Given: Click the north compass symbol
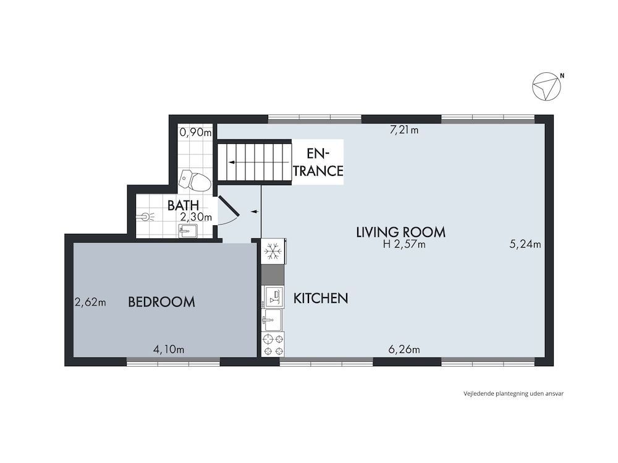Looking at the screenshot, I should tap(546, 87).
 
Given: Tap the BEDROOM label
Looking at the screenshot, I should tap(161, 302).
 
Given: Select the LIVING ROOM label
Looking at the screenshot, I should tap(400, 232).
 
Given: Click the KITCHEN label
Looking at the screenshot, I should tap(320, 298).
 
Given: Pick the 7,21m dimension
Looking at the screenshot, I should tap(404, 130).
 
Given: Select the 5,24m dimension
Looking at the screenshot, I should tap(525, 244).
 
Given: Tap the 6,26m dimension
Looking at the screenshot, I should tap(404, 349).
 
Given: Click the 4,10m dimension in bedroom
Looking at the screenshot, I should tap(169, 349).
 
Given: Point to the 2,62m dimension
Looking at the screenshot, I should tap(90, 302).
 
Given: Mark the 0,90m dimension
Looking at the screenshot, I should tap(195, 131).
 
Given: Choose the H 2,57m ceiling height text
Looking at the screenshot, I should tap(404, 244).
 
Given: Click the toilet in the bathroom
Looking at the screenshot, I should tap(194, 180).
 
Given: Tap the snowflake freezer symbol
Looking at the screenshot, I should tap(273, 251).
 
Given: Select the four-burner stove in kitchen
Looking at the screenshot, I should tap(273, 344).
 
